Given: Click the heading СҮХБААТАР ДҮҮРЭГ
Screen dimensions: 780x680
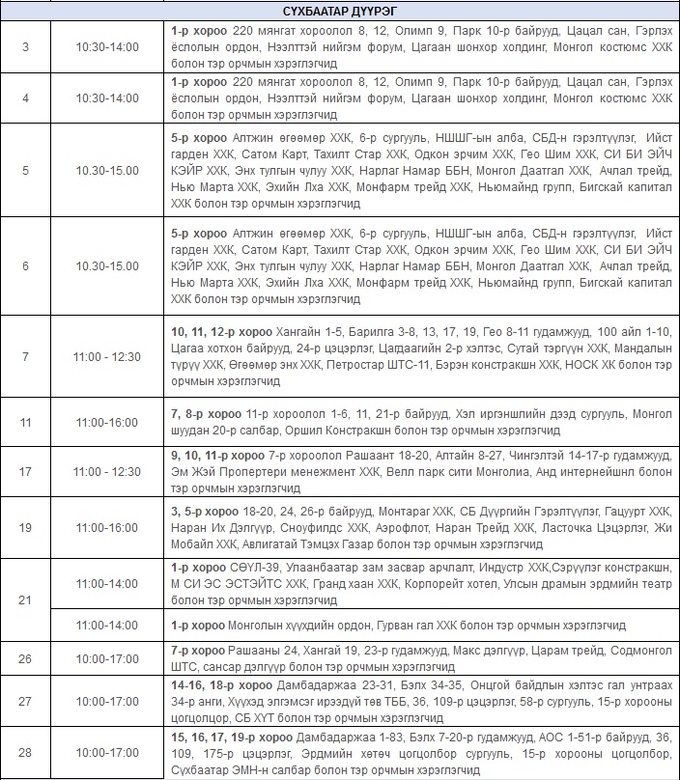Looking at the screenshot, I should pos(340,12).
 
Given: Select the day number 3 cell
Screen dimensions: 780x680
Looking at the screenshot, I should pos(25,46).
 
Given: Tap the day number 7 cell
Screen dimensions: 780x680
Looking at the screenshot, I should pos(25,356).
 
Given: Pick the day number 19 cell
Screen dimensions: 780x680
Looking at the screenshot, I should pos(25,528).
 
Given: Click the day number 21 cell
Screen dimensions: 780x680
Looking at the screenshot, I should pos(25,599).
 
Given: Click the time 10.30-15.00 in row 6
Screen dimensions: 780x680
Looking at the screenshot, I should pos(108,265).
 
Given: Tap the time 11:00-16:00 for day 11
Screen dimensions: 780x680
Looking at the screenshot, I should pos(108,423).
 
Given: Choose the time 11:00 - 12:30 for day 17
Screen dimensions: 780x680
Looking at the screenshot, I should pos(108,472).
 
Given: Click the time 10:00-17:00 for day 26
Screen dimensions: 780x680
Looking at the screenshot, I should pos(108,659).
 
